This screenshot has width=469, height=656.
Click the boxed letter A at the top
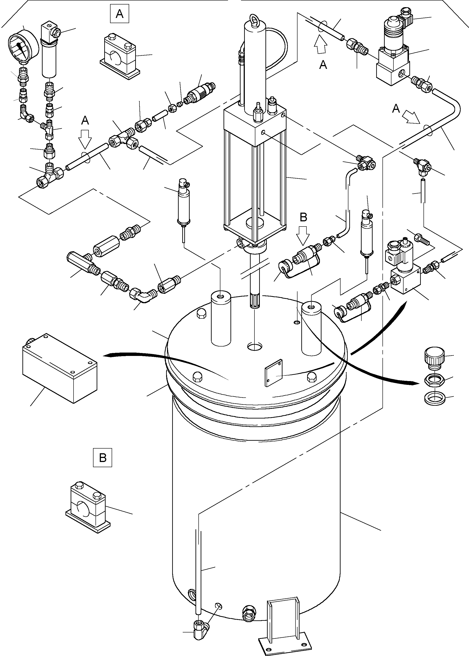click(119, 14)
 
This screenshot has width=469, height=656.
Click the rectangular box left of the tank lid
click(59, 368)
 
